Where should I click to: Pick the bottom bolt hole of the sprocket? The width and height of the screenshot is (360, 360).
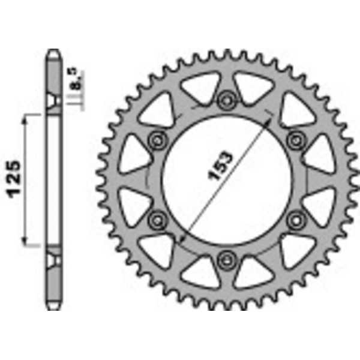tap(226, 259)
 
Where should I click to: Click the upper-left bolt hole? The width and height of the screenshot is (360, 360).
tap(158, 140)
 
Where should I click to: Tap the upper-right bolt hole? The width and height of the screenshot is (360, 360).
tap(295, 140)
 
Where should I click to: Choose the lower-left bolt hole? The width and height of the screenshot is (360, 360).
tap(158, 219)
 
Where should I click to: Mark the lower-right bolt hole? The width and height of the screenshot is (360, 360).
tap(295, 219)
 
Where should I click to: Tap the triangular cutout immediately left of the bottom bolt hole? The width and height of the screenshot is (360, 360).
tap(199, 271)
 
